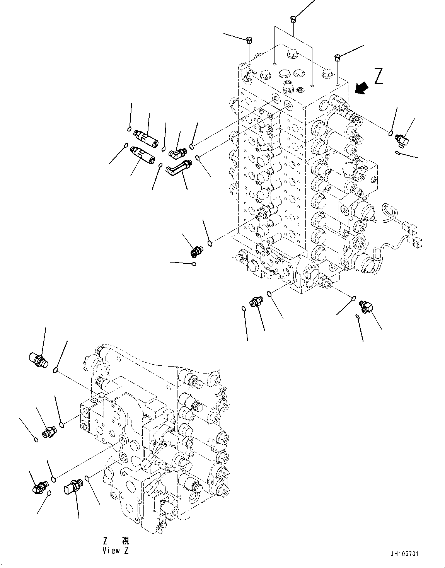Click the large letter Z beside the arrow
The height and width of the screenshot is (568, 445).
[378, 76]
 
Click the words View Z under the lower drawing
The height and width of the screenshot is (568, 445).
[115, 551]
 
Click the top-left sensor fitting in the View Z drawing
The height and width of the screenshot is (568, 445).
[38, 360]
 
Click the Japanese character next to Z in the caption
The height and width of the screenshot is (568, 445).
[126, 541]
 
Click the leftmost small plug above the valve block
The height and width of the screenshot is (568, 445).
[249, 39]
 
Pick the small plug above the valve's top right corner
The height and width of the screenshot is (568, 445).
[338, 57]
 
